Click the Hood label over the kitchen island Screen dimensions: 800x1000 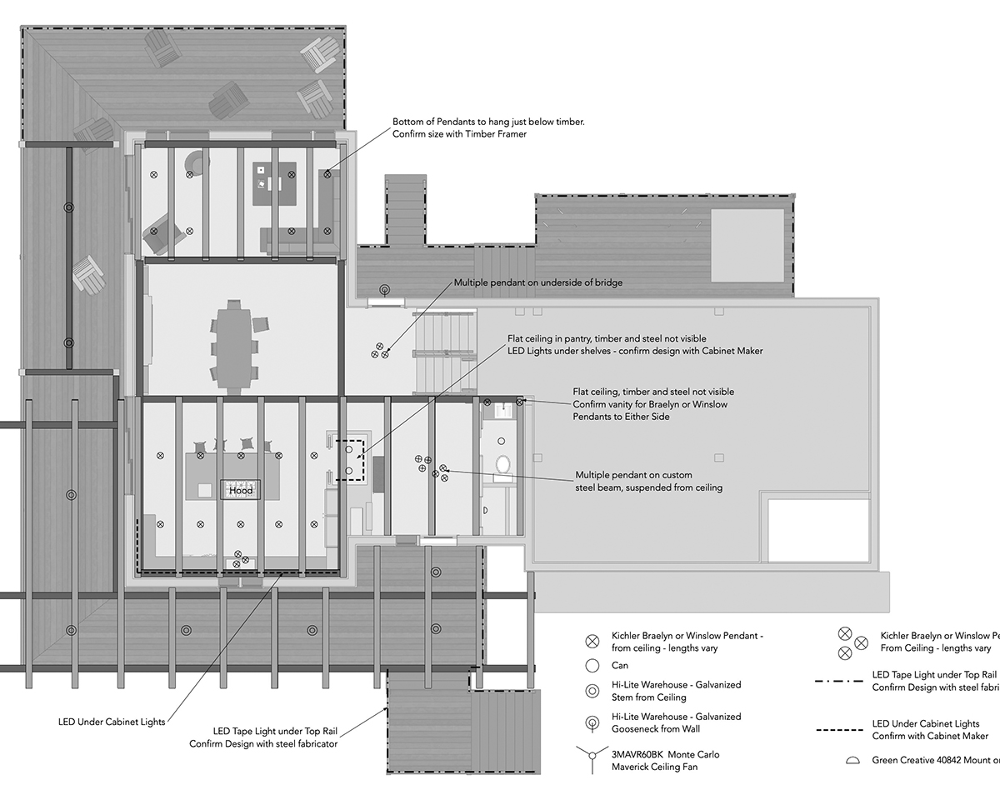pos(241,491)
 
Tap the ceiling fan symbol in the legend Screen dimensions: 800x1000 pos(592,760)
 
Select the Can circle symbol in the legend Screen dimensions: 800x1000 pos(592,666)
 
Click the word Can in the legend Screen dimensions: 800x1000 pos(620,666)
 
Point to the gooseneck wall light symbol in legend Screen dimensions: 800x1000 pos(592,722)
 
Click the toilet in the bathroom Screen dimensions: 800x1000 pos(502,463)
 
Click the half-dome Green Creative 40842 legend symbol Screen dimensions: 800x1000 pos(852,760)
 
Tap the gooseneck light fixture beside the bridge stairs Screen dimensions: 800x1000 pos(384,291)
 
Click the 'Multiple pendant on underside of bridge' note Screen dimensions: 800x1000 pos(537,282)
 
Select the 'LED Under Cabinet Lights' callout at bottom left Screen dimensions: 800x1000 pos(112,722)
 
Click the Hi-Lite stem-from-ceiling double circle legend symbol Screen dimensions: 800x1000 pos(592,691)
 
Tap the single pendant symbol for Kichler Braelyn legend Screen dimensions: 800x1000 pos(592,641)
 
